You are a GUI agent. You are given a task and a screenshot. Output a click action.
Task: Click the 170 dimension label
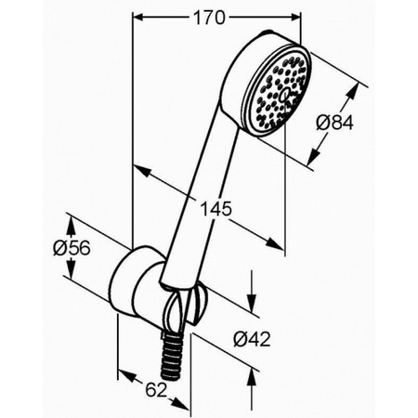pos(209,18)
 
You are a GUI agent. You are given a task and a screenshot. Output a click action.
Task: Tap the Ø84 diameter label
pos(334,124)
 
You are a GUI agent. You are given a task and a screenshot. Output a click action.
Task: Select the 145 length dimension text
pos(216,208)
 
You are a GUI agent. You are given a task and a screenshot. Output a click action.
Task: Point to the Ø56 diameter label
pos(72,248)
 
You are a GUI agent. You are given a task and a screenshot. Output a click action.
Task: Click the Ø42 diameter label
pos(252,339)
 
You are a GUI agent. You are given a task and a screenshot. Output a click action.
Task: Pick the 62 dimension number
pos(156,389)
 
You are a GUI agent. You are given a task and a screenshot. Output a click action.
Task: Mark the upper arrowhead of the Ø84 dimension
pos(354,91)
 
